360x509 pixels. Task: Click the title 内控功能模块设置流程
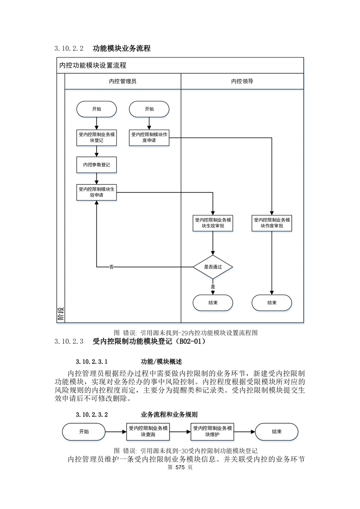click(x=93, y=66)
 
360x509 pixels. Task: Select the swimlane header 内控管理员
click(x=123, y=82)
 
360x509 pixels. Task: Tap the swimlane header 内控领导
click(x=242, y=82)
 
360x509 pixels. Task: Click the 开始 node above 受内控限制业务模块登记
click(x=96, y=109)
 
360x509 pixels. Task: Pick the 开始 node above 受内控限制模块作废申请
click(x=149, y=109)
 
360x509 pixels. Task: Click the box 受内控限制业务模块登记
click(x=96, y=138)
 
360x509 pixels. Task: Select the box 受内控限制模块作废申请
click(x=149, y=138)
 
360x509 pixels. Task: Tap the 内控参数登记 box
click(x=96, y=165)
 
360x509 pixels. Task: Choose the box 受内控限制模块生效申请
click(x=96, y=192)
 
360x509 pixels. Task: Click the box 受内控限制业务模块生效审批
click(x=213, y=223)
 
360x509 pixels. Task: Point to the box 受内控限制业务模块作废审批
click(x=272, y=223)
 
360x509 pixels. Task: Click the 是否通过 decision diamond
click(x=213, y=267)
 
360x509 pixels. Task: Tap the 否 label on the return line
click(x=112, y=267)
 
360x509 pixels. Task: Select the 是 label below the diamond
click(x=213, y=287)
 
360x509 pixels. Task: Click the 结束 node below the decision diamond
click(x=213, y=303)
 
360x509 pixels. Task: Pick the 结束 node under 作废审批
click(x=272, y=303)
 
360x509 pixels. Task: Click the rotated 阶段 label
click(x=60, y=314)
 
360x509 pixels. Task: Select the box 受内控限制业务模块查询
click(x=148, y=432)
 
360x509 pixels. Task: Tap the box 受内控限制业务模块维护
click(x=212, y=432)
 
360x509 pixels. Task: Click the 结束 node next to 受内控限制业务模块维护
click(x=276, y=432)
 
